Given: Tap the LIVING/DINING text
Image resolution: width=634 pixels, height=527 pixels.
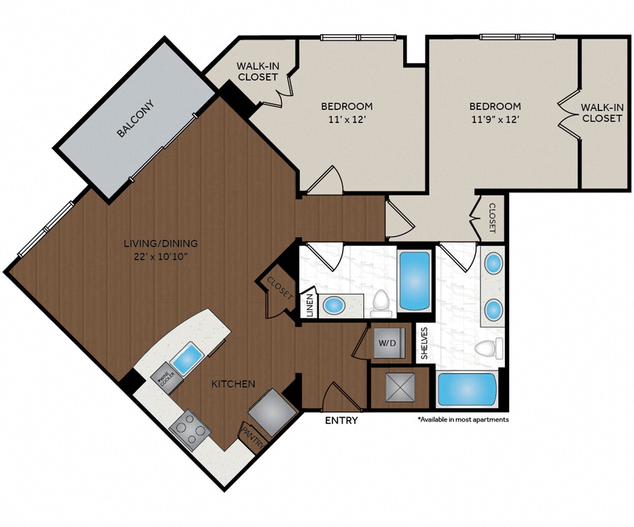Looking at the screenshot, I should click(160, 244).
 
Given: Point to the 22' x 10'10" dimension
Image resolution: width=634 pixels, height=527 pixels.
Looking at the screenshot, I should click(160, 256).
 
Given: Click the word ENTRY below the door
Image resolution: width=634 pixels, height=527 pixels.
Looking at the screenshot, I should click(341, 421).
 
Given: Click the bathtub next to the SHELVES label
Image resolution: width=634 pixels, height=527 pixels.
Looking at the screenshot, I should click(467, 389).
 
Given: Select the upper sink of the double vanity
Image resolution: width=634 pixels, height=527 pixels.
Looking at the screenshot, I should click(493, 262).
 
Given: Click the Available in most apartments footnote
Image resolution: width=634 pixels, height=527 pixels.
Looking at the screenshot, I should click(463, 420).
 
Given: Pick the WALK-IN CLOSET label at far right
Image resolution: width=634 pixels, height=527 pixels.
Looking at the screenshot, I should click(602, 112).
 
